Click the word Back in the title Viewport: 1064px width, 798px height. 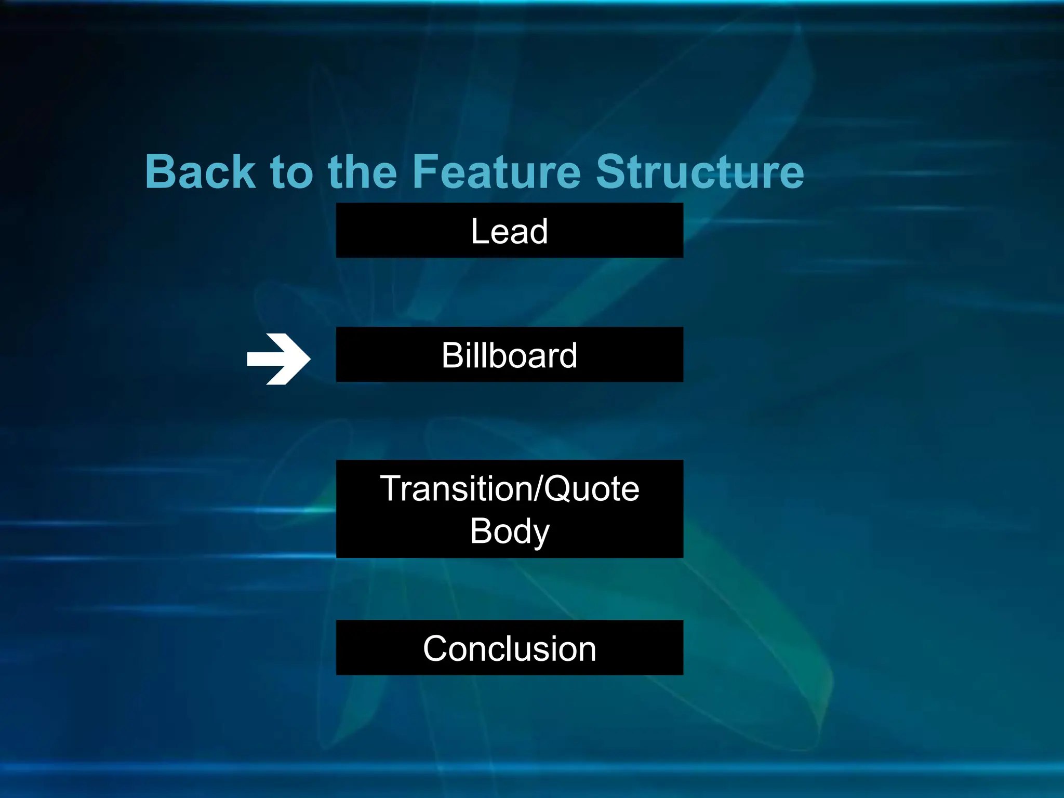coord(200,172)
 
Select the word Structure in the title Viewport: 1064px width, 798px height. coord(699,172)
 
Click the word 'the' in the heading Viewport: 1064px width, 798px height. coord(362,172)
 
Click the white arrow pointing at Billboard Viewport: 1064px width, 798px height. coord(279,359)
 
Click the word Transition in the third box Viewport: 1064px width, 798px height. coord(456,489)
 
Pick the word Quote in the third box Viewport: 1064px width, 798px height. coord(592,489)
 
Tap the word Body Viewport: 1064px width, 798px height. coord(509,531)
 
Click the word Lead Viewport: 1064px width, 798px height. coord(509,231)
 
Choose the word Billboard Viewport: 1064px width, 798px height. coord(509,355)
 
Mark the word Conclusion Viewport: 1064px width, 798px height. coord(509,649)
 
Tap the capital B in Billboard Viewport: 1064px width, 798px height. coord(453,355)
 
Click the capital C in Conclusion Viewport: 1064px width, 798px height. coord(436,649)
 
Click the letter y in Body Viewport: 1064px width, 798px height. coord(540,534)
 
